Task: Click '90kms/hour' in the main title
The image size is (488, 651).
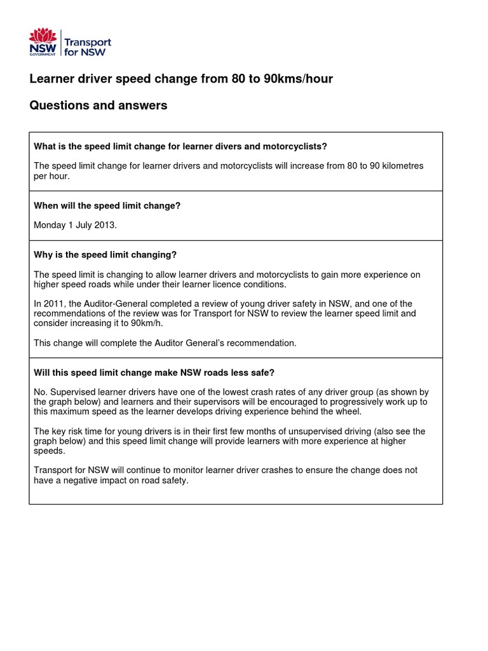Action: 297,79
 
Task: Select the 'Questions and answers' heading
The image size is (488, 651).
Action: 98,106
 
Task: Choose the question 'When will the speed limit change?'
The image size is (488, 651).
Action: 107,206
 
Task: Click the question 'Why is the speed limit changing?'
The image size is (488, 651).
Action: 105,255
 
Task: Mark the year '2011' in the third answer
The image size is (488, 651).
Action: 53,304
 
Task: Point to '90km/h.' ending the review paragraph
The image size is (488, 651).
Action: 149,323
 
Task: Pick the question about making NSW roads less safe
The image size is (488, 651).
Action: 154,373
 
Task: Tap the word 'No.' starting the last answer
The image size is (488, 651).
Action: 40,392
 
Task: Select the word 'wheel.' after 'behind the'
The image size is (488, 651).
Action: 348,411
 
